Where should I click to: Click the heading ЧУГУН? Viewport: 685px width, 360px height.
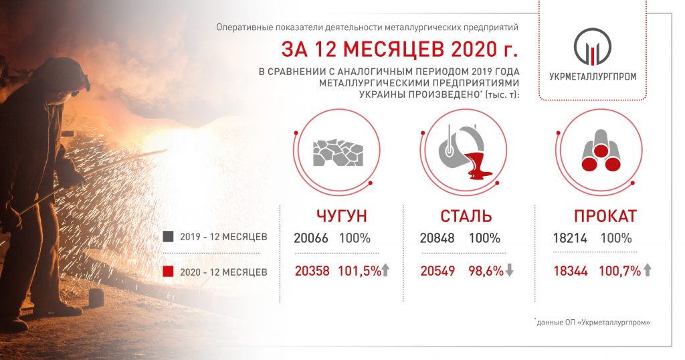click(342, 216)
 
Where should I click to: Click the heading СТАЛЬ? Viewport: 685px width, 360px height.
click(466, 216)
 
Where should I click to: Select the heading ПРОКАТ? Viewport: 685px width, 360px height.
click(605, 216)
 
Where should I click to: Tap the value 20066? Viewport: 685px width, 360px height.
click(310, 238)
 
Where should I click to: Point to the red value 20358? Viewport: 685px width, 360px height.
click(312, 271)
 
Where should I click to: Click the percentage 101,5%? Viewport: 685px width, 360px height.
click(359, 271)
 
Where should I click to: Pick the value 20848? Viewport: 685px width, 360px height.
click(437, 238)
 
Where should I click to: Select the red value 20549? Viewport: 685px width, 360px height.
click(437, 271)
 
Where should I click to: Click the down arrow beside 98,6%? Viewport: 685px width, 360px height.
click(509, 271)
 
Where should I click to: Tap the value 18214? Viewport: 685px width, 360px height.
click(570, 238)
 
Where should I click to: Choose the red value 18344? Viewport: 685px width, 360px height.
click(571, 271)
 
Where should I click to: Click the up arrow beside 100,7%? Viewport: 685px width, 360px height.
click(647, 270)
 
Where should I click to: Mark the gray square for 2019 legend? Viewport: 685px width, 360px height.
click(168, 237)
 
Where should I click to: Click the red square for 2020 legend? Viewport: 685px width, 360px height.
click(168, 272)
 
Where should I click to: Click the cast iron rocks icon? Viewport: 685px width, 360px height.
click(338, 153)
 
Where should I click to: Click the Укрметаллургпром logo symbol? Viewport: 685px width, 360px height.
click(593, 47)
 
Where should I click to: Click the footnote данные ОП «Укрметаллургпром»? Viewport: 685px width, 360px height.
click(593, 323)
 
